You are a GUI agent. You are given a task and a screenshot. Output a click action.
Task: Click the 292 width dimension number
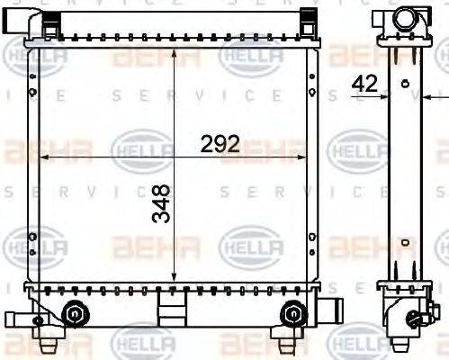pyautogui.click(x=220, y=143)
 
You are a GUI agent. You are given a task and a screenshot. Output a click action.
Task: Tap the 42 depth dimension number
pyautogui.click(x=364, y=83)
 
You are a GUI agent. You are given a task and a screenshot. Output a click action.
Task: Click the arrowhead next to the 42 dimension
pyautogui.click(x=385, y=95)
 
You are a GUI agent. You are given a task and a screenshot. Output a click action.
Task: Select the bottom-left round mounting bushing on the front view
pyautogui.click(x=75, y=313)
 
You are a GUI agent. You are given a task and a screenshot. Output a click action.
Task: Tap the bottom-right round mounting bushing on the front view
pyautogui.click(x=292, y=313)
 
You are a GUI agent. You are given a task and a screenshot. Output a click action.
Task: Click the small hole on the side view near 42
pyautogui.click(x=405, y=84)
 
